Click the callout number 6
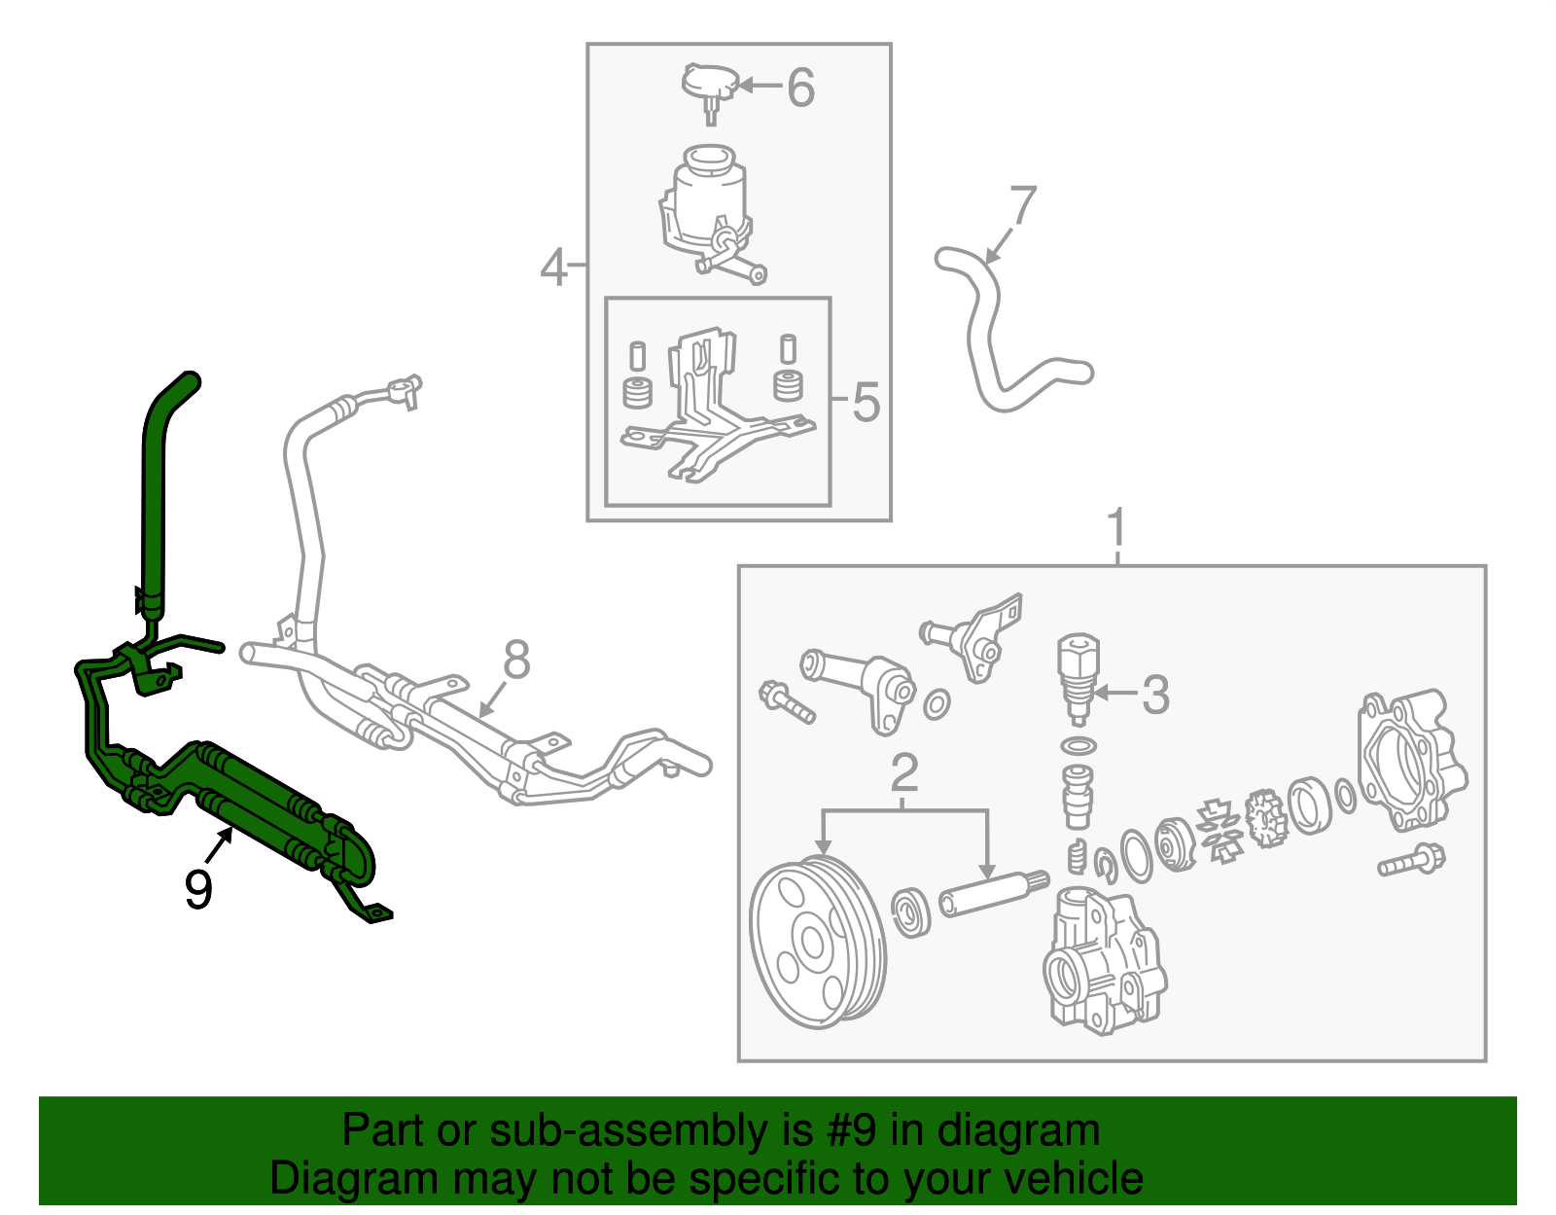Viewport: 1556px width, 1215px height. (800, 88)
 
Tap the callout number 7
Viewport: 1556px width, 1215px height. (1023, 205)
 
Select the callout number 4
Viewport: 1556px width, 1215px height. (553, 268)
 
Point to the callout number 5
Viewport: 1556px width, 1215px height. (866, 402)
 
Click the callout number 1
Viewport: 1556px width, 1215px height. (1117, 528)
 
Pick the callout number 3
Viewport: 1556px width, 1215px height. (1155, 694)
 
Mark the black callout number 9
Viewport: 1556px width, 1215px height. (198, 889)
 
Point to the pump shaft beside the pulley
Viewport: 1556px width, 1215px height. (994, 894)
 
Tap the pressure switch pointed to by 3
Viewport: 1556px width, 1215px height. (1078, 678)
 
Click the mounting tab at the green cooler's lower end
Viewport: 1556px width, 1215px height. (372, 911)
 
